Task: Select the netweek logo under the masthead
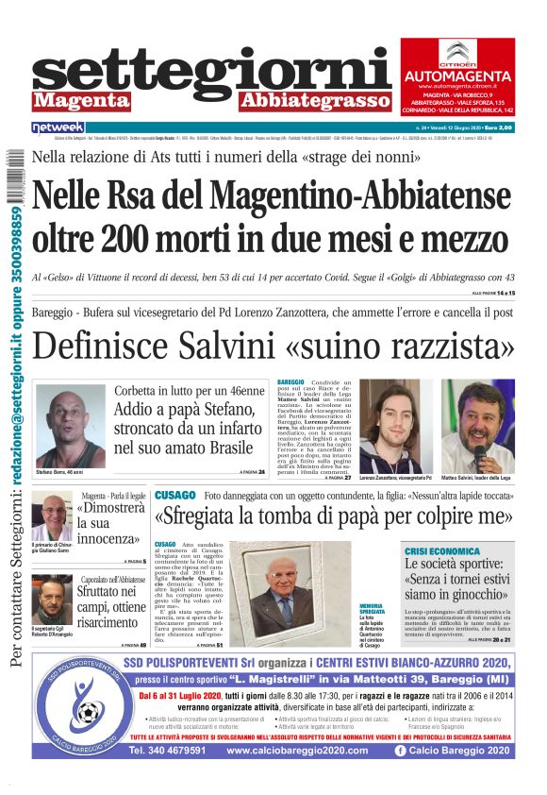point(58,127)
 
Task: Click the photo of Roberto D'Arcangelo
point(52,600)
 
